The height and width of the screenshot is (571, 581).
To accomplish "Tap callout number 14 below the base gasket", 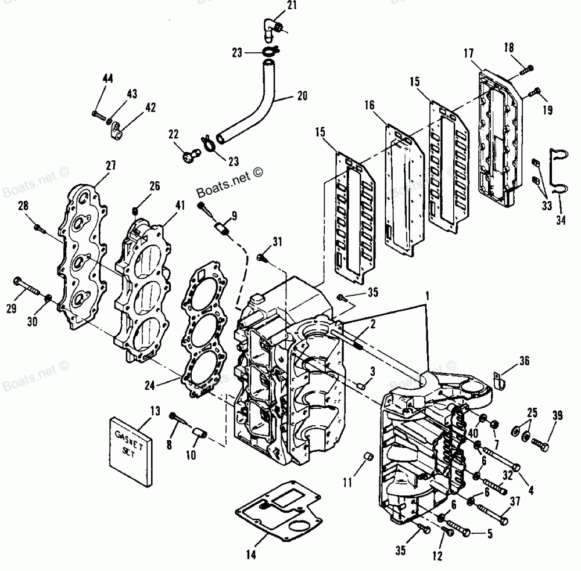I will point(250,555).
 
